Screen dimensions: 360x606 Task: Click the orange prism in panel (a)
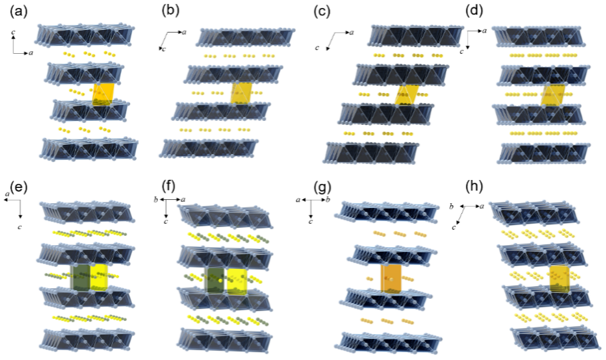[103, 94]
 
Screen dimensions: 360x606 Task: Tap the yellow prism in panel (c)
[408, 94]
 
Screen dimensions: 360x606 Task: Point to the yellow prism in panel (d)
[553, 94]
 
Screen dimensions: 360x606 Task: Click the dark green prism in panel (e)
[81, 275]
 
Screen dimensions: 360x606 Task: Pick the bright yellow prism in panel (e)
[100, 275]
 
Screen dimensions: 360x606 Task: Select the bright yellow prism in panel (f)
[237, 281]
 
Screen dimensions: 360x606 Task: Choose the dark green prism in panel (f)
[216, 281]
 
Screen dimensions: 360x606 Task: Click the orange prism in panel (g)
[391, 277]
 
